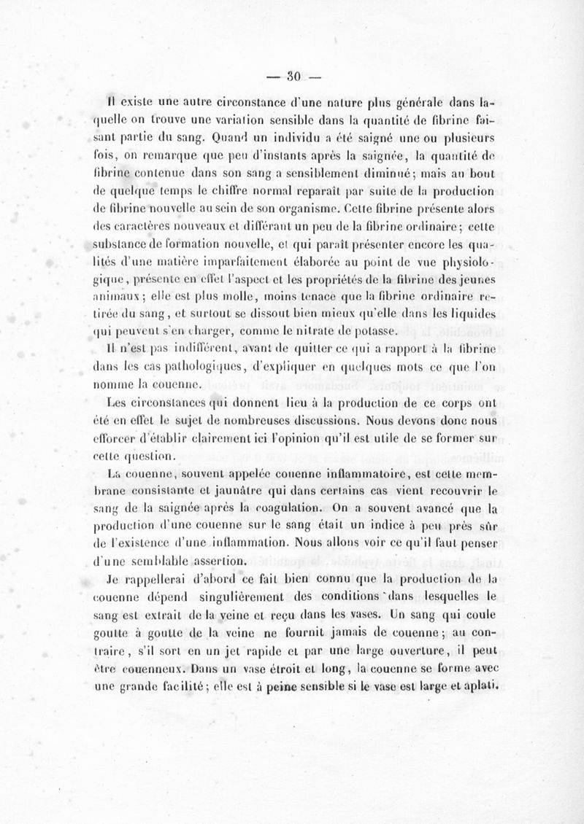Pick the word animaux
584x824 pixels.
click(x=122, y=297)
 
